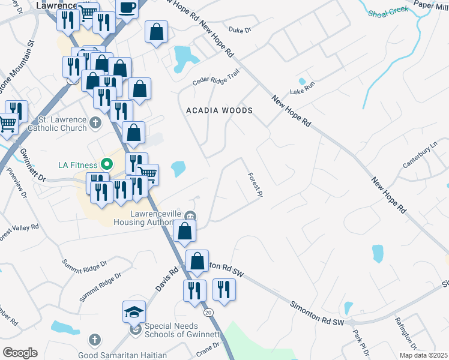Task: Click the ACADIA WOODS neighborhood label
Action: [x=219, y=110]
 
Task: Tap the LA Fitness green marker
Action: [x=107, y=163]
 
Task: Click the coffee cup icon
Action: [x=127, y=7]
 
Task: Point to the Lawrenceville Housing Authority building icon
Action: [x=190, y=216]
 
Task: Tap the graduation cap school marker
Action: [x=134, y=311]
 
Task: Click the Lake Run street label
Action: [x=302, y=91]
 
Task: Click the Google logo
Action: [x=20, y=352]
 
